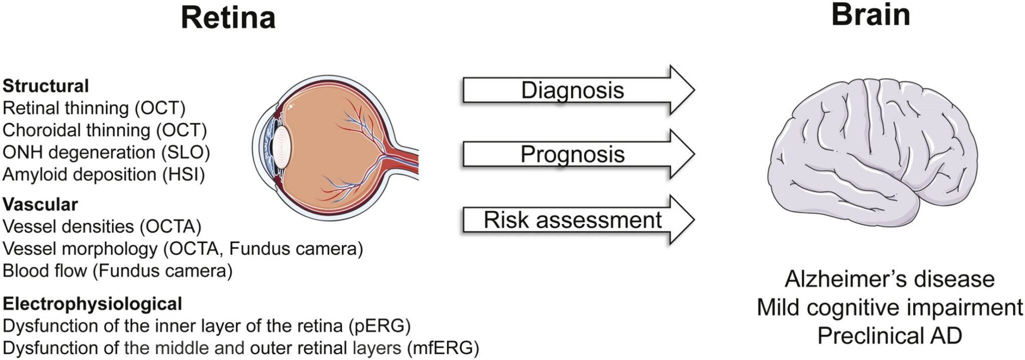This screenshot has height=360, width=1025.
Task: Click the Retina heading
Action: click(228, 18)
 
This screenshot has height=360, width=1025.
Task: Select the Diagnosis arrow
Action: click(573, 91)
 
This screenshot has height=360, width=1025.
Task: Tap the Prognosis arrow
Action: click(573, 154)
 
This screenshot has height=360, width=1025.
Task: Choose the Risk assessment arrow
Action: click(573, 220)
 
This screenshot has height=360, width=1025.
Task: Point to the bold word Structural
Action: click(46, 86)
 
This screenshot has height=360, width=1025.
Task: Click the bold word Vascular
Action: click(40, 204)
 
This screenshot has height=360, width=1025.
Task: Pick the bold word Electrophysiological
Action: click(92, 303)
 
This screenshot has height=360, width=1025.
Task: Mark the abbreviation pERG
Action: click(379, 325)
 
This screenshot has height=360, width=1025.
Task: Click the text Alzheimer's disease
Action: click(889, 279)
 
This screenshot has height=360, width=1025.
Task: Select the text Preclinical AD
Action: click(889, 335)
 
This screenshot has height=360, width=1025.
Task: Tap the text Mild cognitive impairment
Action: click(889, 307)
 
